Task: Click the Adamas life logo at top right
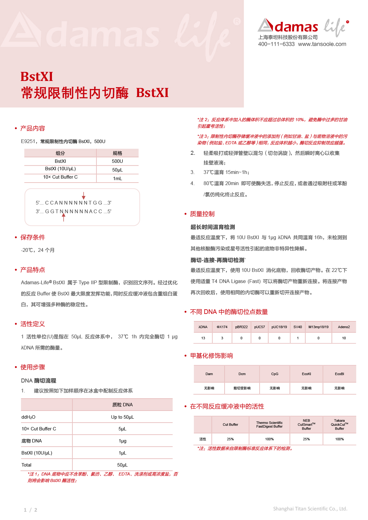pyautogui.click(x=303, y=26)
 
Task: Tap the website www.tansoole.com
pyautogui.click(x=322, y=44)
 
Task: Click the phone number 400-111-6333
pyautogui.click(x=276, y=44)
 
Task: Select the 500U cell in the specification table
pyautogui.click(x=118, y=161)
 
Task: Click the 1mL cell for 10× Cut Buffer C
pyautogui.click(x=118, y=179)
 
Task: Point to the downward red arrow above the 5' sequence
pyautogui.click(x=83, y=196)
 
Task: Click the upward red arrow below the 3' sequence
pyautogui.click(x=64, y=217)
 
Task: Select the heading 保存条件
pyautogui.click(x=33, y=237)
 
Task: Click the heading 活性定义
pyautogui.click(x=33, y=324)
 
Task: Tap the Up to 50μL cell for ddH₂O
pyautogui.click(x=122, y=417)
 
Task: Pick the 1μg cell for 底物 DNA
pyautogui.click(x=122, y=441)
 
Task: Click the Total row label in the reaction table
pyautogui.click(x=27, y=465)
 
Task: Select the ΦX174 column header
pyautogui.click(x=222, y=327)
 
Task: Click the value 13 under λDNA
pyautogui.click(x=203, y=338)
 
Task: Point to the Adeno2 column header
pyautogui.click(x=344, y=327)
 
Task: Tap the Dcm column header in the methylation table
pyautogui.click(x=242, y=374)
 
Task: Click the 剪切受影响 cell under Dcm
pyautogui.click(x=242, y=388)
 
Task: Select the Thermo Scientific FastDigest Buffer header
pyautogui.click(x=269, y=425)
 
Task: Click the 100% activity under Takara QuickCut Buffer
pyautogui.click(x=340, y=439)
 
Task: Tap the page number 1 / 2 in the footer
pyautogui.click(x=30, y=510)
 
